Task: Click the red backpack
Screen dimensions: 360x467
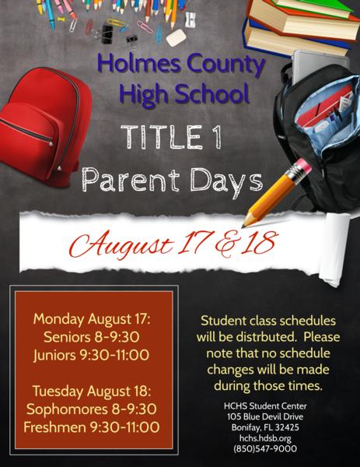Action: (44, 125)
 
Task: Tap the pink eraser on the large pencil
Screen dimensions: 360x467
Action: (303, 166)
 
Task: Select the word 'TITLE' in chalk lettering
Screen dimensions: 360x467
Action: (161, 137)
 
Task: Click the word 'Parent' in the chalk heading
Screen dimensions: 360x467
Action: (131, 180)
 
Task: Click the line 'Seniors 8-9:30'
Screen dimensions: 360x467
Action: (92, 337)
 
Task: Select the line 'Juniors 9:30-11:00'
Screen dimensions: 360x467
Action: (92, 355)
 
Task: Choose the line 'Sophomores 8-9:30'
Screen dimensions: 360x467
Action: (92, 409)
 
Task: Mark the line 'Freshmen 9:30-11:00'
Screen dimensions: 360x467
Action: (92, 427)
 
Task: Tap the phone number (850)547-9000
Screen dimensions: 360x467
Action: (265, 448)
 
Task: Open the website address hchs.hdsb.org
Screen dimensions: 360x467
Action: (265, 438)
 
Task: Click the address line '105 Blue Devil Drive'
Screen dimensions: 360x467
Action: (265, 416)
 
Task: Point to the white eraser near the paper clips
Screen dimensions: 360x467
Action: (177, 37)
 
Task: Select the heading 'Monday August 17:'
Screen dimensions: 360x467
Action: (92, 319)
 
